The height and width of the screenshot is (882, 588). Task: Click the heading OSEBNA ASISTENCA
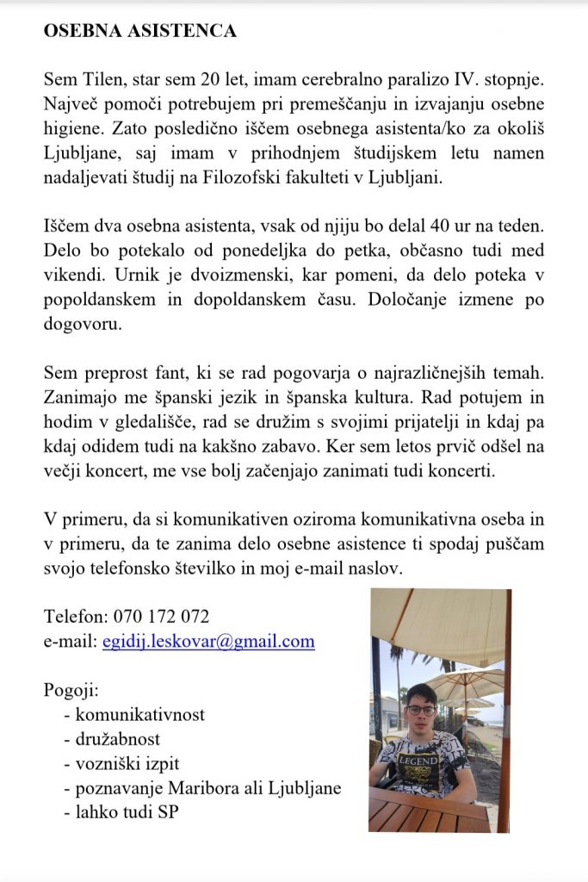pos(139,31)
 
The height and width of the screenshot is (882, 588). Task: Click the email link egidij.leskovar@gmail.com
pos(208,642)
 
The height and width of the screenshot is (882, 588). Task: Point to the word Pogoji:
pos(71,691)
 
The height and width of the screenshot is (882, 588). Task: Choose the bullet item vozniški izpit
pos(128,763)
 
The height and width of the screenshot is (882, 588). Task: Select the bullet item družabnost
pos(118,739)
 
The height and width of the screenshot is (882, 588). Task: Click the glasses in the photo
pos(421,710)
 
